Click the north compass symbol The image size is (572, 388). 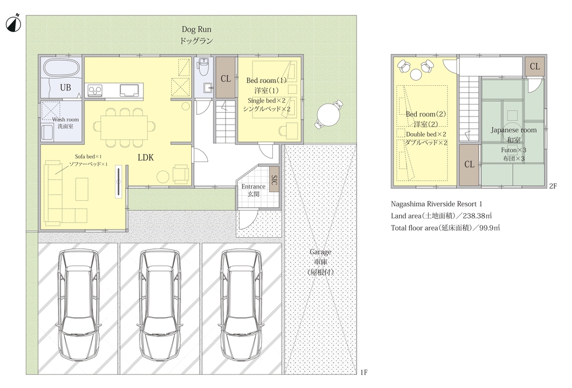pos(13,23)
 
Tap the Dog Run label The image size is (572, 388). pos(196,30)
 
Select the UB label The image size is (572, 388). pos(66,87)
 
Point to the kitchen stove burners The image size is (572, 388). pos(95,90)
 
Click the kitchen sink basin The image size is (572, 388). pos(129,90)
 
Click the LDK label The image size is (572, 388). pos(146,158)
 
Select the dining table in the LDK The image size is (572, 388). pos(124,127)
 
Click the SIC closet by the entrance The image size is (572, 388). pos(274,180)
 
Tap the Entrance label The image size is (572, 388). pos(253,187)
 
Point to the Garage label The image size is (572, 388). pos(320,252)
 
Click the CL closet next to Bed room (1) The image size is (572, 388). pos(226,77)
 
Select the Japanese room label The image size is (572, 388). pos(513,130)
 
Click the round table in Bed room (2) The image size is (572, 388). pos(416,74)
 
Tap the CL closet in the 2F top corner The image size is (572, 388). pos(534,67)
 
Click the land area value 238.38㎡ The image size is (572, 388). pos(474,216)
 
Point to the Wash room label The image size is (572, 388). pos(66,120)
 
